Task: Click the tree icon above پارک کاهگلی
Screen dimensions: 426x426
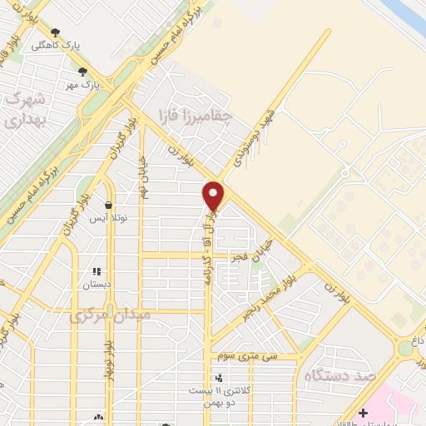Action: coord(55,32)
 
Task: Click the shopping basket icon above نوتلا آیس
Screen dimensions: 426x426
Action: coord(108,205)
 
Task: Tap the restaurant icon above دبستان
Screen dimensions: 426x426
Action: coord(97,270)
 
